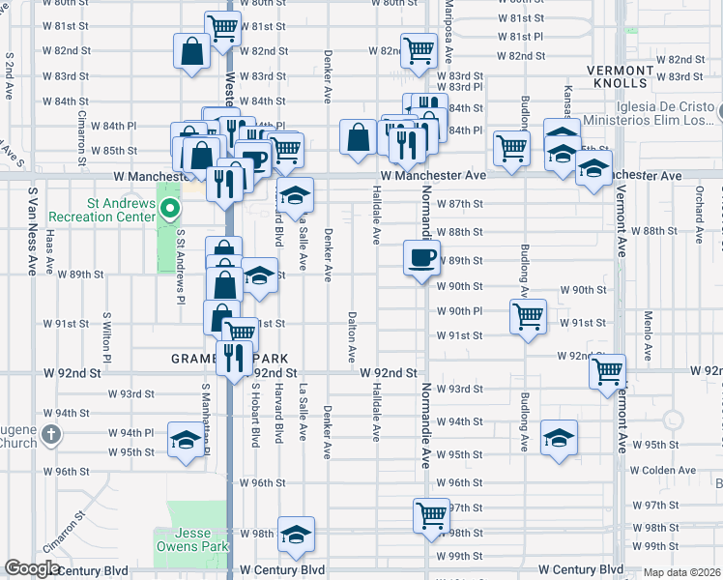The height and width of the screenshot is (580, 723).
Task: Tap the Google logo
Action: (x=33, y=569)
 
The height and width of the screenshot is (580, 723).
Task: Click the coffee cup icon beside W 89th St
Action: (x=422, y=258)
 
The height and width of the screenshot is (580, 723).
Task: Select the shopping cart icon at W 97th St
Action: (x=430, y=513)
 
